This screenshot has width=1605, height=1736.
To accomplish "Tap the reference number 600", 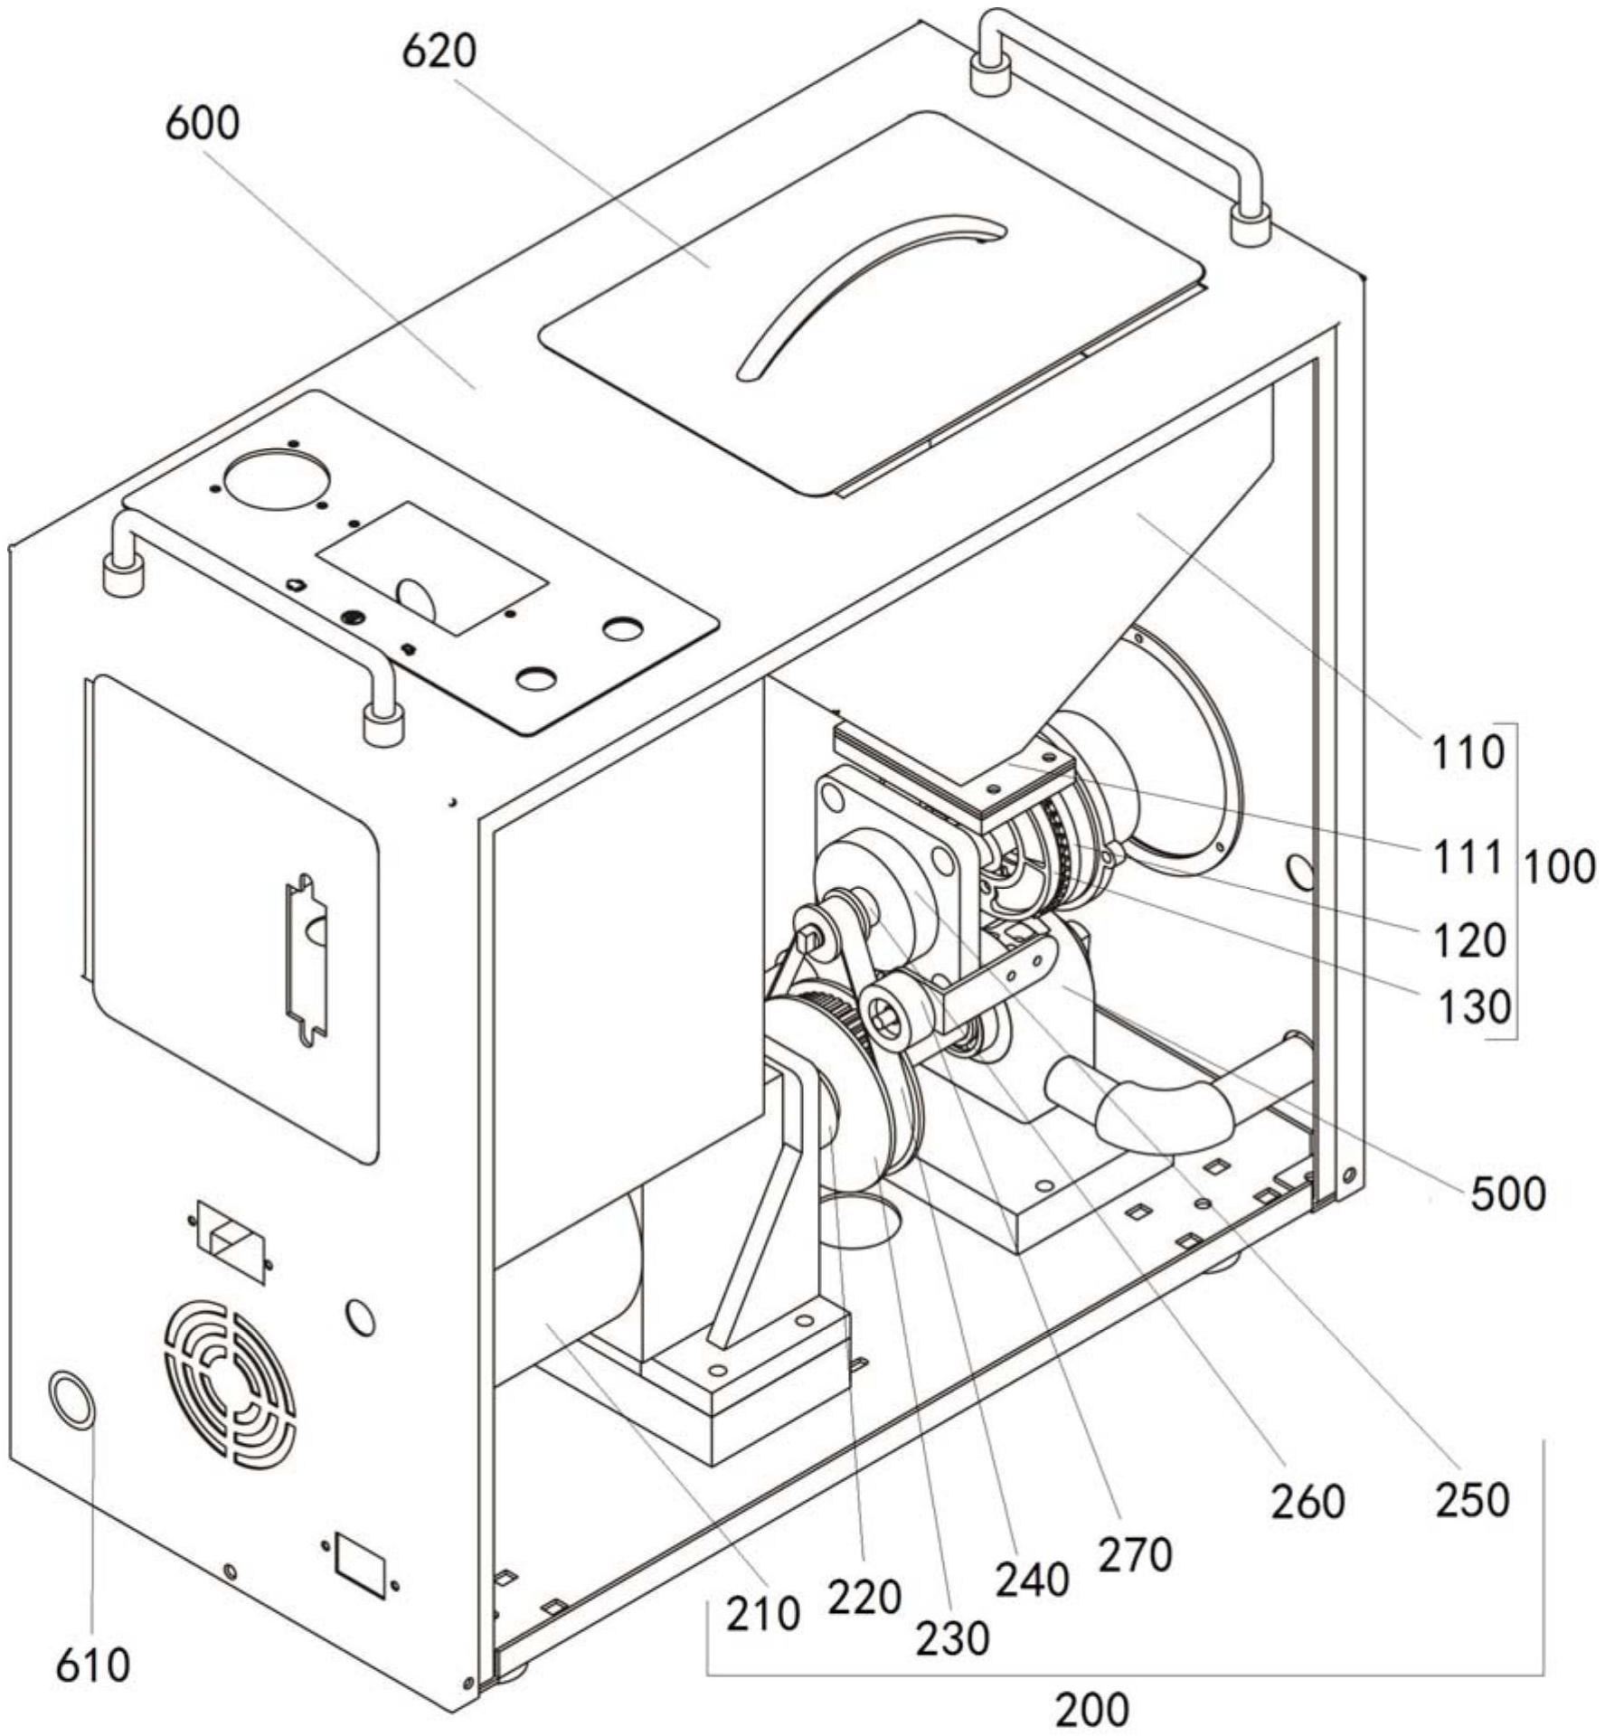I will coord(202,123).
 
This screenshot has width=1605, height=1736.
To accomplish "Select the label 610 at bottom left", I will coord(92,1665).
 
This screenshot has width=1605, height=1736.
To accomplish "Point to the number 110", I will coord(1467,752).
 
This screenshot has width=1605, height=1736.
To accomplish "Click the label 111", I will coord(1467,857).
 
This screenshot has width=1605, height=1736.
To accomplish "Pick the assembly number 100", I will coord(1560,868).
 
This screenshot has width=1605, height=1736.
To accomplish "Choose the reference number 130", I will coord(1474,1006).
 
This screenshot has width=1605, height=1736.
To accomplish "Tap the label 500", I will coord(1508,1194).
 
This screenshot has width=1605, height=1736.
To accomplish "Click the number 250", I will coord(1472,1500).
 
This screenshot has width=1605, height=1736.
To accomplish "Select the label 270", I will coord(1135,1556).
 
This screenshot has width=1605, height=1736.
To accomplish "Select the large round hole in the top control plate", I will coord(277,477).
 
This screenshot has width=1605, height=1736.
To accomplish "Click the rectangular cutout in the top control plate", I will coord(432,567).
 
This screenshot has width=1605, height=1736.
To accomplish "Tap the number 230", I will coord(952,1638).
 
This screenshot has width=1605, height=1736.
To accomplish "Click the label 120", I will coord(1469,940).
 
